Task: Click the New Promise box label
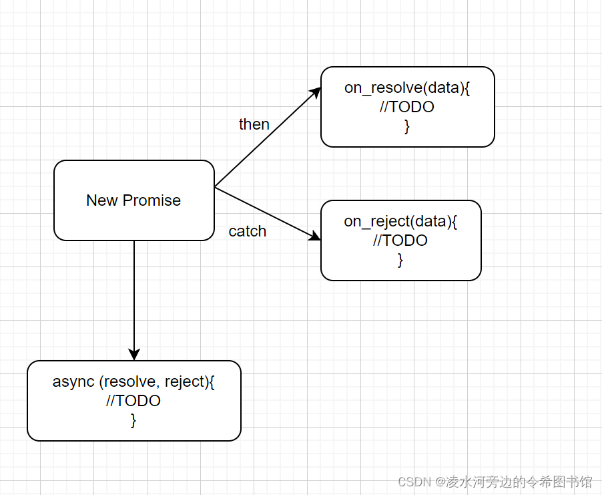tap(133, 200)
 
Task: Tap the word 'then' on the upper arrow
tap(254, 124)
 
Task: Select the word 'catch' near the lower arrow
tap(247, 231)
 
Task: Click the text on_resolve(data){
tap(407, 88)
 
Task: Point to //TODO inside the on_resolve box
tap(407, 107)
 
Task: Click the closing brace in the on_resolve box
tap(407, 126)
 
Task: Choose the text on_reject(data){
tap(400, 221)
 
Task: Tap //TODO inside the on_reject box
tap(400, 240)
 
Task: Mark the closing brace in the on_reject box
tap(400, 260)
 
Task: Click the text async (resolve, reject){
tap(133, 381)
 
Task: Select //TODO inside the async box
tap(133, 401)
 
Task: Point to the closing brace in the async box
tap(133, 420)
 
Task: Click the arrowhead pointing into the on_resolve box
tap(316, 92)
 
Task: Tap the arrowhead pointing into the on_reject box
tap(316, 237)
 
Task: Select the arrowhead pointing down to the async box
tap(134, 355)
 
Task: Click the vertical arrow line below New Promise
tap(134, 294)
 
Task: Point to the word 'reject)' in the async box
tap(190, 381)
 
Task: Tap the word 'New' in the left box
tap(101, 200)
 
